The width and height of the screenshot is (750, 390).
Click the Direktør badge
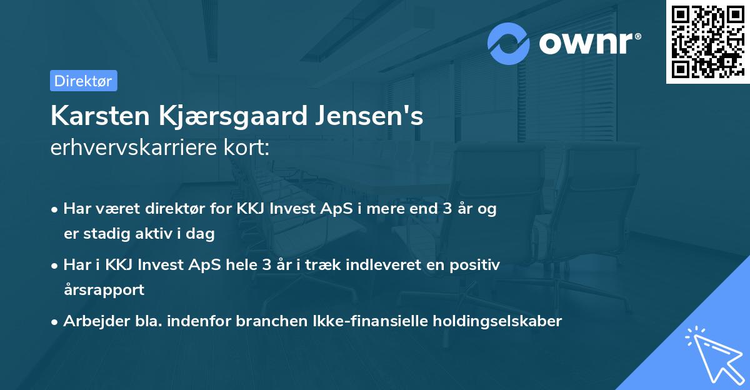83,81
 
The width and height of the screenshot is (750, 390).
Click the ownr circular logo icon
509,43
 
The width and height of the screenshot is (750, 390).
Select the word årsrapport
104,290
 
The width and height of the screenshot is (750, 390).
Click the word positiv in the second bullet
477,265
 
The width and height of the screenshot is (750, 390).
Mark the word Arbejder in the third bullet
91,321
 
